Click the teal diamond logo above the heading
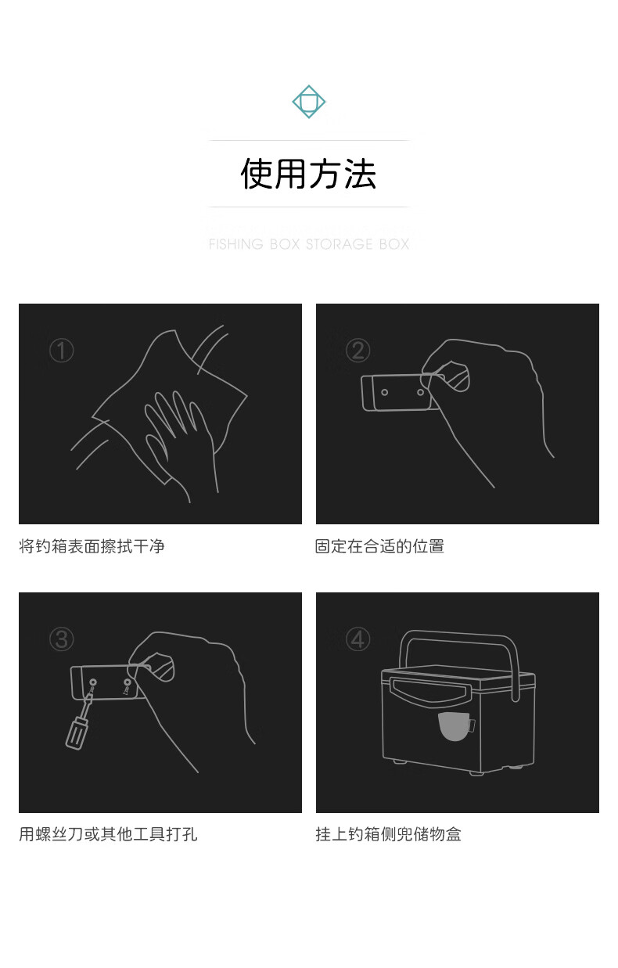(x=309, y=102)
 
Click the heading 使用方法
(x=308, y=174)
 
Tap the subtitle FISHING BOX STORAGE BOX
(x=309, y=244)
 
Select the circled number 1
(x=61, y=350)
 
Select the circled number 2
(x=358, y=350)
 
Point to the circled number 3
(x=61, y=639)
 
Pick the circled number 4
(x=358, y=639)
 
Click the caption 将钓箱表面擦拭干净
(x=92, y=546)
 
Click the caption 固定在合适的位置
(x=379, y=546)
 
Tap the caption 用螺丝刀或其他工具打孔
(x=108, y=834)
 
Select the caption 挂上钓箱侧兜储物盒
(x=388, y=834)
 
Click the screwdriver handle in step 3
(x=77, y=732)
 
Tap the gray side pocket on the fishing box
(x=455, y=726)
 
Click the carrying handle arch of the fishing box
(x=458, y=635)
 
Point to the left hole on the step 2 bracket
(x=384, y=392)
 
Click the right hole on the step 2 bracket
(x=420, y=392)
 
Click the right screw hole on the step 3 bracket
(x=127, y=682)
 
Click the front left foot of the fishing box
(x=400, y=761)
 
